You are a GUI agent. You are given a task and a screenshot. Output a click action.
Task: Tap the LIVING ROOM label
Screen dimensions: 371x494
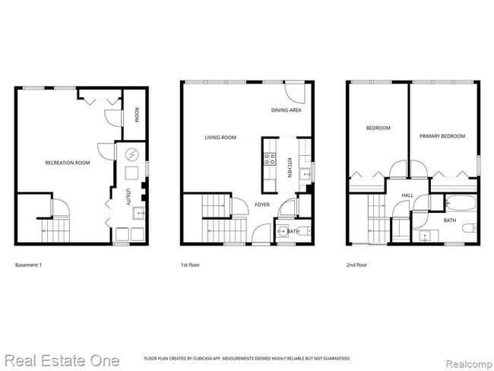point(220,138)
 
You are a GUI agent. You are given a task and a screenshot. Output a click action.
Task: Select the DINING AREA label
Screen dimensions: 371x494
point(287,110)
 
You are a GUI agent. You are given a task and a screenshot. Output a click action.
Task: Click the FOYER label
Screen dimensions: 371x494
point(262,205)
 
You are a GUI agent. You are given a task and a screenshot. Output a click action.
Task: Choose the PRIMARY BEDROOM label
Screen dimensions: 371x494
point(442,136)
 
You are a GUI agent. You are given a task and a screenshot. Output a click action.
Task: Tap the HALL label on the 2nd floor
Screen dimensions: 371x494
point(407,195)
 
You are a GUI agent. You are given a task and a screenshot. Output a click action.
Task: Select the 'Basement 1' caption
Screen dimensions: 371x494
point(30,265)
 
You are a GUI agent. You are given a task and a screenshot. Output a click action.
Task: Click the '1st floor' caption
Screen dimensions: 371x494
point(190,265)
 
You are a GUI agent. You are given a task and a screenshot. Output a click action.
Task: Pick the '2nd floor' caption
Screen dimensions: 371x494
point(356,265)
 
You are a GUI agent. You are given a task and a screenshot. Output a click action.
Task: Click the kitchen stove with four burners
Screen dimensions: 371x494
point(269,159)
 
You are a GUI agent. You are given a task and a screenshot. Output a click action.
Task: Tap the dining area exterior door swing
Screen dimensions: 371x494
point(296,91)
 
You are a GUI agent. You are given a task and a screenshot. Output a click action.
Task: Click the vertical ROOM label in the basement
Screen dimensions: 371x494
point(137,116)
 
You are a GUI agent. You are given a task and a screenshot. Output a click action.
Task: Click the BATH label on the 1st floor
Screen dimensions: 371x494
point(293,230)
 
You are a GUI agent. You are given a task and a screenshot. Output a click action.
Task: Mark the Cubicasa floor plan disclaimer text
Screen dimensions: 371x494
point(247,358)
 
